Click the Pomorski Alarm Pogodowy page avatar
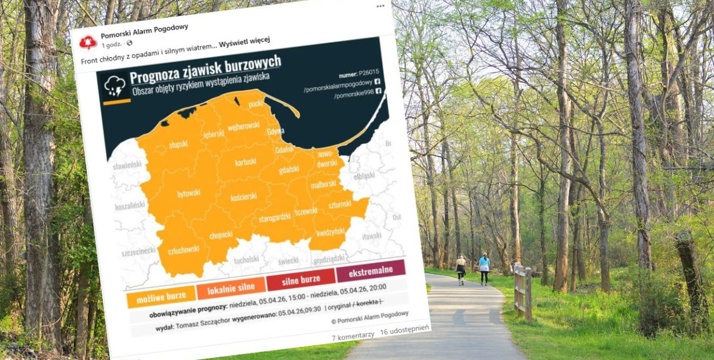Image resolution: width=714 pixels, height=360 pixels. point(88,42)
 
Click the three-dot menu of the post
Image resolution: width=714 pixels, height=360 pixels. point(380,6)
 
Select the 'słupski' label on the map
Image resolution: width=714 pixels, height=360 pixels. point(178,144)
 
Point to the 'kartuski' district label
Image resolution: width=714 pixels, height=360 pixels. point(246,162)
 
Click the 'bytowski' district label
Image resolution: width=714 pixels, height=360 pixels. point(188,194)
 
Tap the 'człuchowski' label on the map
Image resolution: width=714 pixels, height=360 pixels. point(184,249)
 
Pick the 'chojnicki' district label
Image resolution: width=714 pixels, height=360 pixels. point(221,234)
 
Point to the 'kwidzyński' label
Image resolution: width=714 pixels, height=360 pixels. point(331,231)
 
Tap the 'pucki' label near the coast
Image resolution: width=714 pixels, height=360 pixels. point(255,103)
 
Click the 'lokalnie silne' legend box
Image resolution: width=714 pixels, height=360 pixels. point(231,289)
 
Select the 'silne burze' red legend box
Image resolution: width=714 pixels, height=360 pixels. point(301,280)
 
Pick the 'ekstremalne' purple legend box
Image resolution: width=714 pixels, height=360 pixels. point(371,270)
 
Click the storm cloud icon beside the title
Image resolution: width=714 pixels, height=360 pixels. point(115,86)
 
